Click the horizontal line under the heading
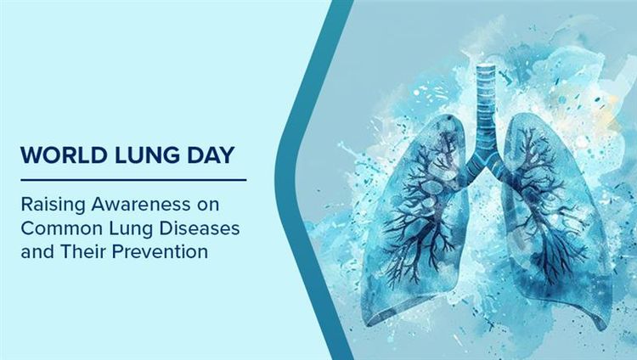pos(133,179)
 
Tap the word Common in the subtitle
pos(58,229)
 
